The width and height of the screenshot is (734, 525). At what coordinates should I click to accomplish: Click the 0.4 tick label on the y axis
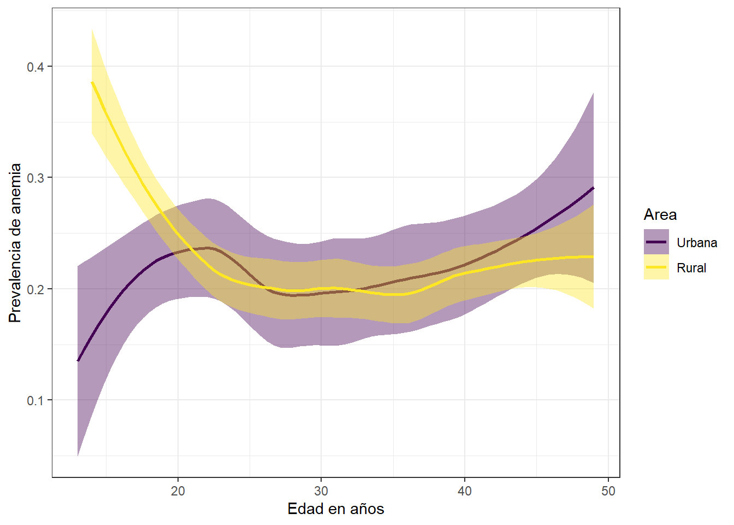click(35, 67)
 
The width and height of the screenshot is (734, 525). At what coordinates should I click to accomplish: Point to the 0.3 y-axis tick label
click(35, 178)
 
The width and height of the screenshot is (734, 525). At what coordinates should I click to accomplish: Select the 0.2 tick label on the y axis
click(35, 289)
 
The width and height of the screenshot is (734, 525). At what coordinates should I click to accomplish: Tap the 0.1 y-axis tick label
click(35, 400)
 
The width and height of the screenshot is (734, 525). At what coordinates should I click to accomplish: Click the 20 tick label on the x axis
click(178, 491)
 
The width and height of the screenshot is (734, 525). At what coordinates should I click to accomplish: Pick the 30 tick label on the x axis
click(321, 491)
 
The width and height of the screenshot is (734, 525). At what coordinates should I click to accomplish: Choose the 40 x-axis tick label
click(465, 491)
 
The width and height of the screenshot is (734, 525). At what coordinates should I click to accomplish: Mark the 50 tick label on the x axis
click(608, 491)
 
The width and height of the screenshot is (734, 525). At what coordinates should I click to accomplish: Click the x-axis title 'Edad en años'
click(335, 509)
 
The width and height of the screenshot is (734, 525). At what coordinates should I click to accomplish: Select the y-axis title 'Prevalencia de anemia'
click(15, 243)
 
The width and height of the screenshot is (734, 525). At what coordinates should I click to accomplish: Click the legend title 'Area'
click(660, 214)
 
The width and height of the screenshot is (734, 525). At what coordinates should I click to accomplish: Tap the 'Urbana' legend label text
click(696, 243)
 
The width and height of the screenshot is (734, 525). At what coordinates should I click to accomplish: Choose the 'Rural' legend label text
click(691, 268)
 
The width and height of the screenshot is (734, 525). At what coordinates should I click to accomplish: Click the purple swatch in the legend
click(656, 242)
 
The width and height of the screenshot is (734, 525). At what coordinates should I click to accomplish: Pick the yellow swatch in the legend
click(656, 267)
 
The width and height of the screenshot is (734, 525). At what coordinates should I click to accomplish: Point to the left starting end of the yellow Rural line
click(92, 82)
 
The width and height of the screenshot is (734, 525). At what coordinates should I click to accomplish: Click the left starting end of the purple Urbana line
click(78, 361)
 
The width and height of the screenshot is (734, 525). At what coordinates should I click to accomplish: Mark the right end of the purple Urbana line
click(594, 188)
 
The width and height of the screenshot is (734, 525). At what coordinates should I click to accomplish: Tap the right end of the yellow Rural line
click(594, 256)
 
